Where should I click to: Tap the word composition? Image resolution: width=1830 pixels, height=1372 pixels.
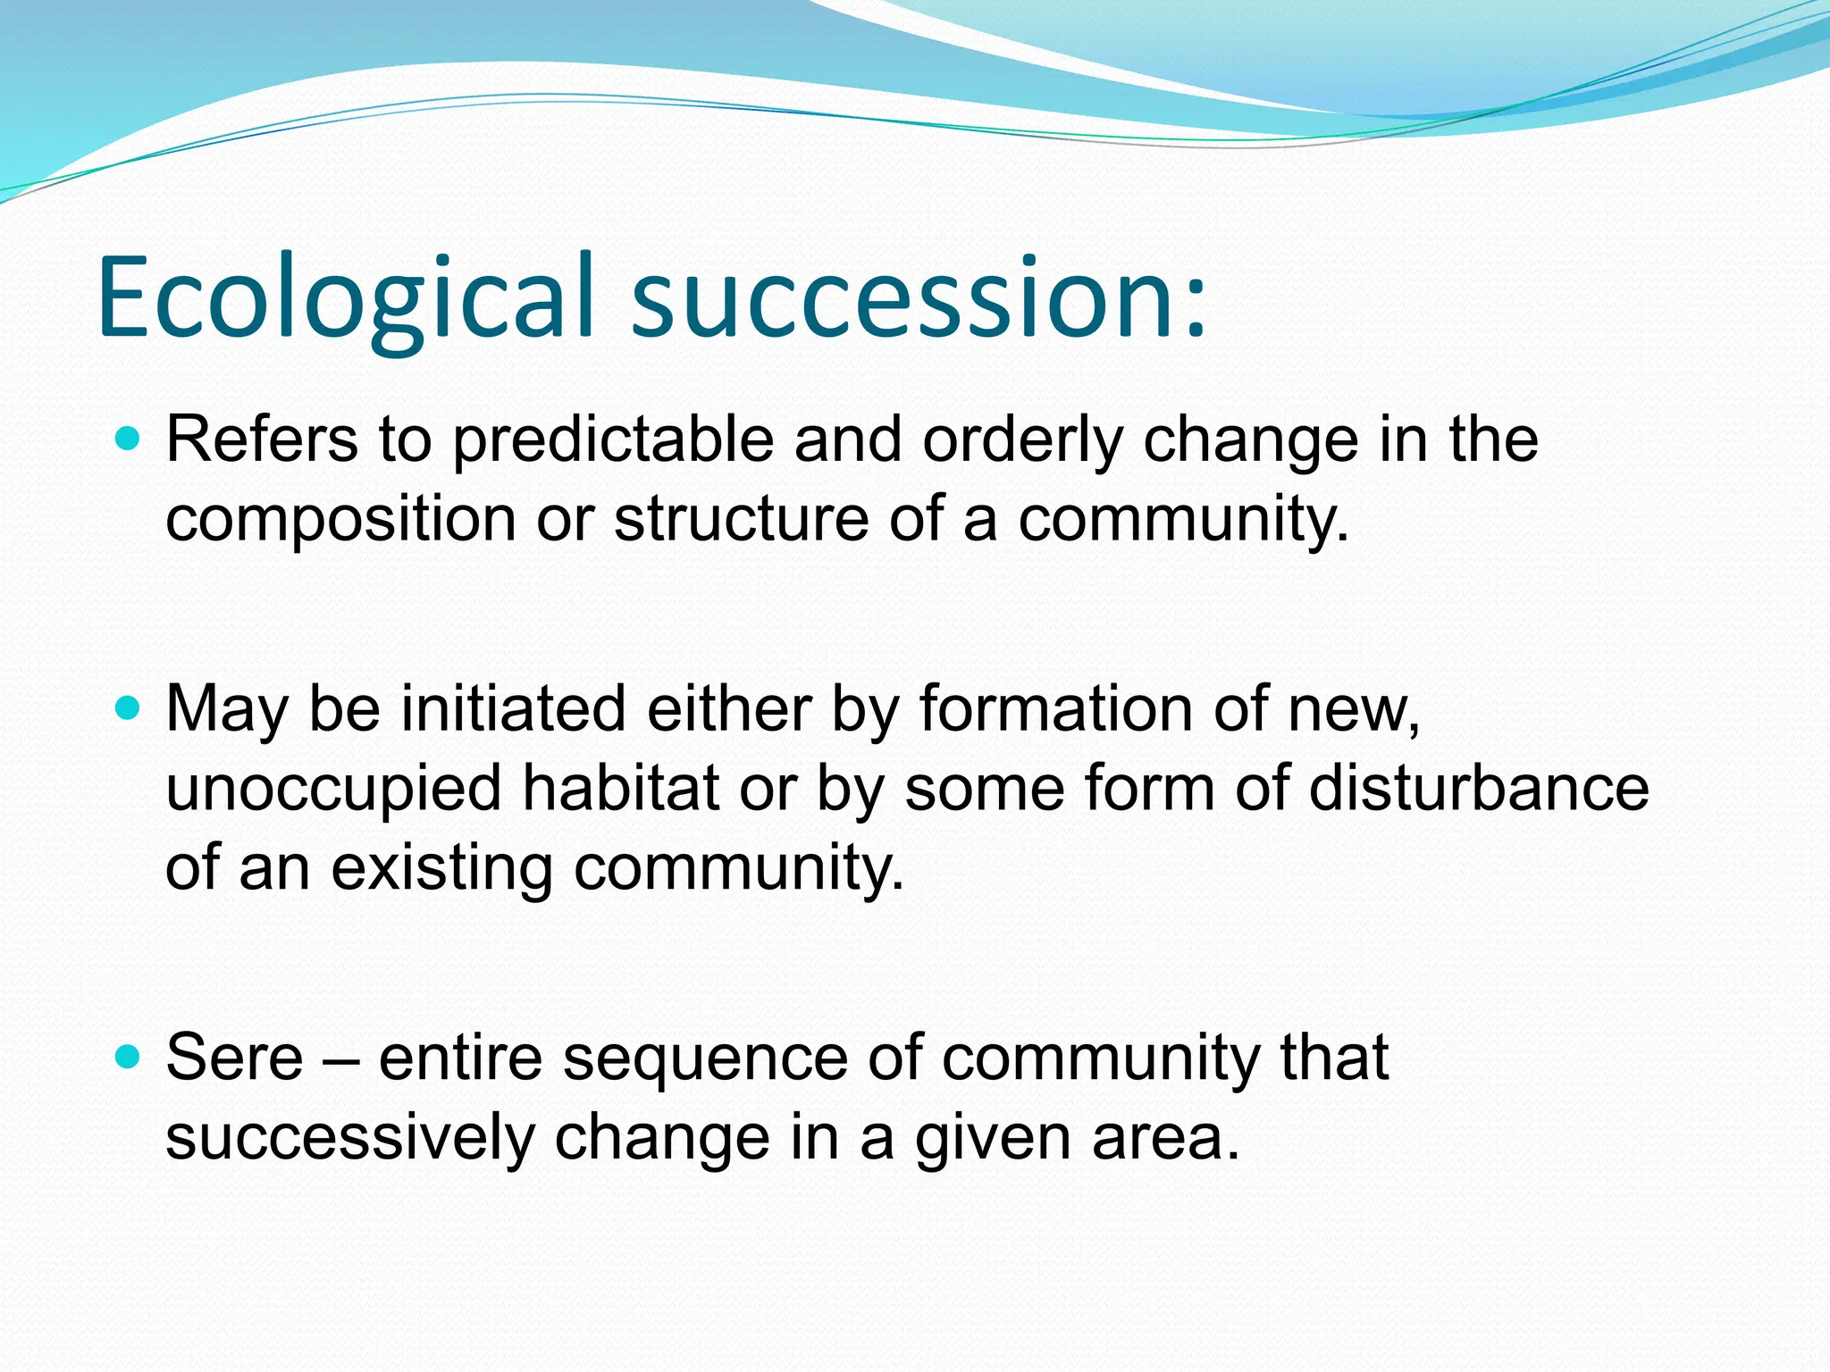pos(340,520)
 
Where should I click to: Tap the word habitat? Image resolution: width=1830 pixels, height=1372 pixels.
pos(620,788)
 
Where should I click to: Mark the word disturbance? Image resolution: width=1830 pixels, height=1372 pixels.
pos(1478,788)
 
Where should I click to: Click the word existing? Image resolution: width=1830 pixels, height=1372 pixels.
pos(441,868)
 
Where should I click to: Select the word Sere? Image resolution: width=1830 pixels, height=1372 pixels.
pos(234,1058)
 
